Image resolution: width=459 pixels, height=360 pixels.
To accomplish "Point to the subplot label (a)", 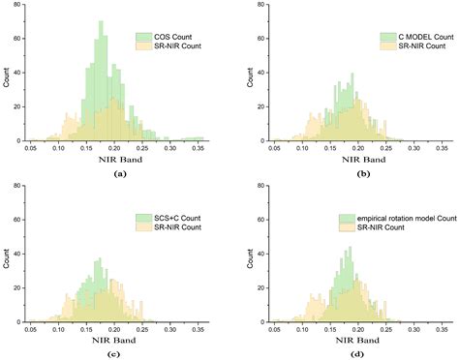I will pyautogui.click(x=119, y=172).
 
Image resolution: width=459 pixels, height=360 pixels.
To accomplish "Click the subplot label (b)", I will pyautogui.click(x=349, y=172).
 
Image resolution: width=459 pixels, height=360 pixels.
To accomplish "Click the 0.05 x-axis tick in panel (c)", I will pyautogui.click(x=32, y=329).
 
